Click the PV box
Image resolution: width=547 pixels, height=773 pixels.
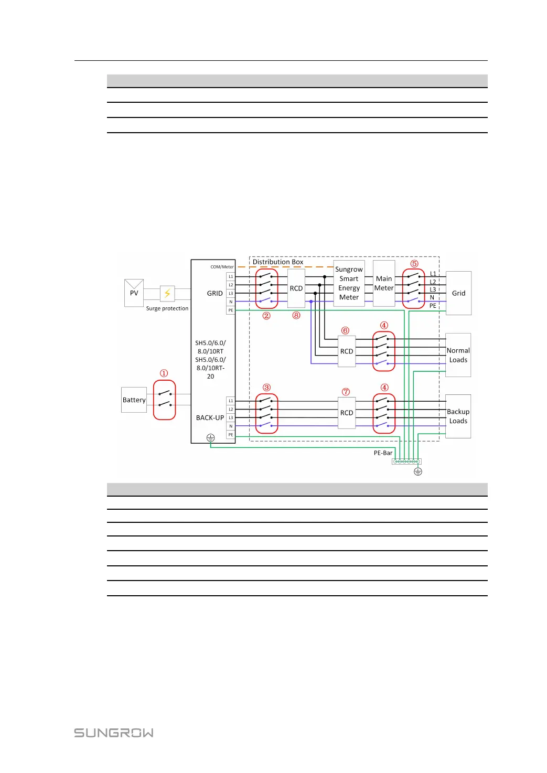point(134,293)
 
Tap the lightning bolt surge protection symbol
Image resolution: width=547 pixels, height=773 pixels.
point(167,293)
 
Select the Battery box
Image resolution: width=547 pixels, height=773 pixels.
point(134,400)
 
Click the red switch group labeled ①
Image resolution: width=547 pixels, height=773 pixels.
point(164,400)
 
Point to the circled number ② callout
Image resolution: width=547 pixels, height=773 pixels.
point(266,316)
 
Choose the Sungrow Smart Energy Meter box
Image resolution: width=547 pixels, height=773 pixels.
point(349,283)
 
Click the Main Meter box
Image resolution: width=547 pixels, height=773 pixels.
point(384,283)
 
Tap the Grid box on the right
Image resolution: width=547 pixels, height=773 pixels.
point(458,293)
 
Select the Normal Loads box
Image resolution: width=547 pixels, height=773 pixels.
point(458,355)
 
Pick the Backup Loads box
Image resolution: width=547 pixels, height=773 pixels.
point(458,416)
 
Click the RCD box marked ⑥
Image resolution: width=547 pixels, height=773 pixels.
point(347,351)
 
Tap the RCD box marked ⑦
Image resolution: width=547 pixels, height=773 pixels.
point(347,413)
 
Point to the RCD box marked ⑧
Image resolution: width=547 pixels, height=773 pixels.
point(296,288)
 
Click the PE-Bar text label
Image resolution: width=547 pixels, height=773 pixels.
point(383,453)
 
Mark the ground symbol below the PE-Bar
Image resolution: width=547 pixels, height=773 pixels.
point(418,471)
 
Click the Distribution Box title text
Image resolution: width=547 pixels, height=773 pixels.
point(278,262)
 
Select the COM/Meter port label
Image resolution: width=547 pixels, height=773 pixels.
point(222,267)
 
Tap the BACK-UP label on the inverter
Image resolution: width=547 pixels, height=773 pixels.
point(210,418)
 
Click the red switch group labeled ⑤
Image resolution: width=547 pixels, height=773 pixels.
point(413,288)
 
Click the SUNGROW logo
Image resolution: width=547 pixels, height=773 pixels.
point(114,733)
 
